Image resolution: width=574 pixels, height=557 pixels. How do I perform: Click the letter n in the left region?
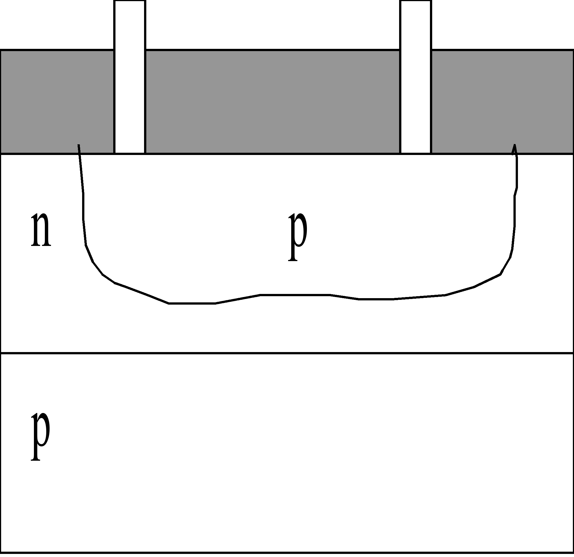click(x=41, y=230)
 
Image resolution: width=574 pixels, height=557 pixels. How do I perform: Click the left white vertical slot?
click(x=130, y=76)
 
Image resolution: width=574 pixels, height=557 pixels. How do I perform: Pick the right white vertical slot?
click(x=416, y=76)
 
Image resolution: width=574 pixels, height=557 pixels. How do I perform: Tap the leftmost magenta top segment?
click(x=57, y=24)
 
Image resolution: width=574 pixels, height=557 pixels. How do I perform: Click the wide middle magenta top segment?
click(x=273, y=24)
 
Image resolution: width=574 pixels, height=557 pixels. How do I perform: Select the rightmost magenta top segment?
click(x=503, y=24)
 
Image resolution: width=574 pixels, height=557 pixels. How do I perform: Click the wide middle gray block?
click(x=273, y=101)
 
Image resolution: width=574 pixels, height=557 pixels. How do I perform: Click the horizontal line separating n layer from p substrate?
click(x=287, y=353)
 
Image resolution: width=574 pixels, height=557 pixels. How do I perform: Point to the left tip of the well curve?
click(x=78, y=145)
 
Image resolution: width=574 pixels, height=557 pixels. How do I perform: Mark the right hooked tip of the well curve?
click(x=514, y=146)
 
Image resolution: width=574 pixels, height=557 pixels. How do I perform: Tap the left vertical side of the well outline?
click(x=84, y=205)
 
